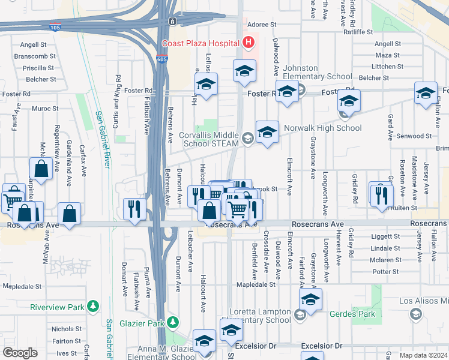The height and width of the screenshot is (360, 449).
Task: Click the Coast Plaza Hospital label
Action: pyautogui.click(x=200, y=43)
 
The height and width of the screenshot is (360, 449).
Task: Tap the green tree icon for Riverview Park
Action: pyautogui.click(x=92, y=307)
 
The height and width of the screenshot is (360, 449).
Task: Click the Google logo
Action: pyautogui.click(x=20, y=353)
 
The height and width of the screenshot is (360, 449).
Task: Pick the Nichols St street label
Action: pyautogui.click(x=62, y=329)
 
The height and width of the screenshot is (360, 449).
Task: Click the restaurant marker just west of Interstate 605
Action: pyautogui.click(x=134, y=209)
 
